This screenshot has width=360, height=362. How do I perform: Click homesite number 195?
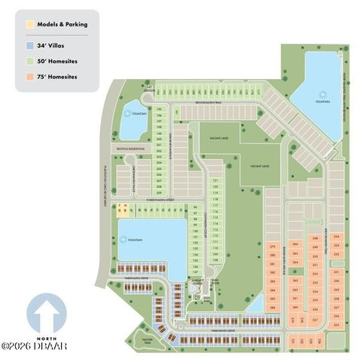pos(159,110)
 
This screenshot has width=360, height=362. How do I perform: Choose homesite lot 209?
pos(159,193)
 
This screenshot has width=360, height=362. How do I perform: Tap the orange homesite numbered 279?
pos(272,247)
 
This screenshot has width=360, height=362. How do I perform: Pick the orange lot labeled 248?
pos(315,238)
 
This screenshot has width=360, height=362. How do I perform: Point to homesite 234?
pos(336,237)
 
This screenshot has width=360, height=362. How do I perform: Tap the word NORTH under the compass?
pos(42,336)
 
